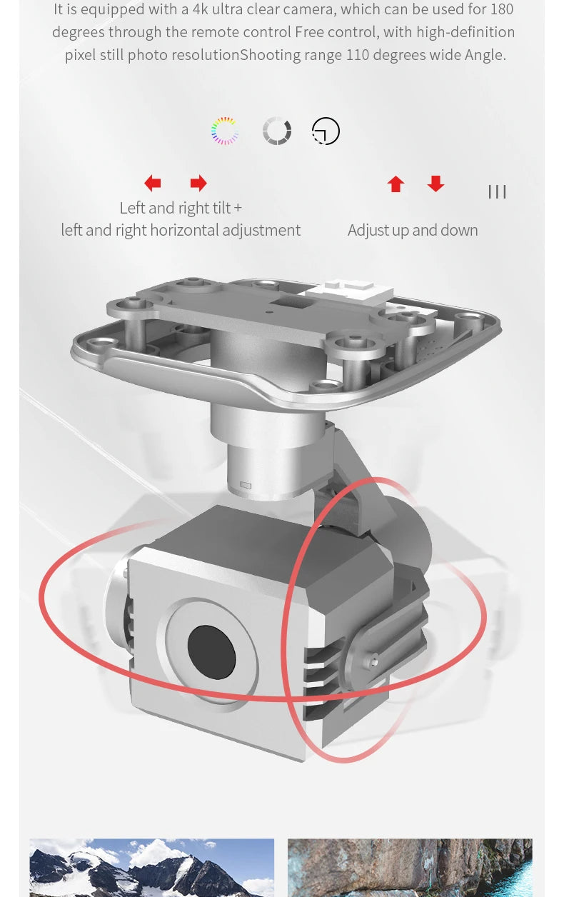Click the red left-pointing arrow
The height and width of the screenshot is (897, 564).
(153, 183)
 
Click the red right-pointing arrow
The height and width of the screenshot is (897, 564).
(198, 183)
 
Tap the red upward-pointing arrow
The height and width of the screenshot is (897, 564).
(396, 184)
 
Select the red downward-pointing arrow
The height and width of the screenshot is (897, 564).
(435, 184)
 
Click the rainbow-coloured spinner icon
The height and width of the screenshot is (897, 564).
(225, 131)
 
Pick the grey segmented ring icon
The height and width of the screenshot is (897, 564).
(276, 131)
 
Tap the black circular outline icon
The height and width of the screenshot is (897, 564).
(326, 131)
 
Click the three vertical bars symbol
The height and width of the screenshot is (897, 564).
(497, 192)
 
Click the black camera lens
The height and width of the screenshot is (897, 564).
(211, 652)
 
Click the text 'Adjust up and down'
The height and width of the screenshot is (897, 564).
(413, 231)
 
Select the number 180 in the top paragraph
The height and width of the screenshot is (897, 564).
(502, 9)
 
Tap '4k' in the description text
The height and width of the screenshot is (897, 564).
(200, 9)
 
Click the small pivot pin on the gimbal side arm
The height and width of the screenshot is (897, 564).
(373, 661)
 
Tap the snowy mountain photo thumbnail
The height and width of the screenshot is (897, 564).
(151, 868)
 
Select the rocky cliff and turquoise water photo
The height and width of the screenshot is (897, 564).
(410, 868)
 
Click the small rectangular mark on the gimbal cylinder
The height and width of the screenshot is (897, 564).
(246, 486)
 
